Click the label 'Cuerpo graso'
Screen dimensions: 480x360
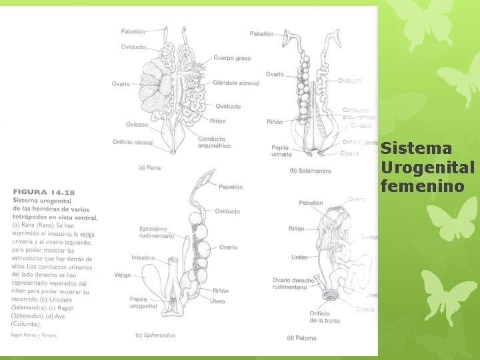tap(232, 58)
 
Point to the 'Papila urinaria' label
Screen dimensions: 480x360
tap(281, 151)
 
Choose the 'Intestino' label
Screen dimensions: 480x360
tap(143, 257)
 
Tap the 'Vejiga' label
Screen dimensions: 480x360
tap(122, 274)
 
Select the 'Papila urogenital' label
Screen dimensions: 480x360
tap(143, 303)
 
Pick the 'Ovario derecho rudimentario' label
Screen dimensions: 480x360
tap(293, 285)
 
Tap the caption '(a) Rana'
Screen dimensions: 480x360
tap(149, 167)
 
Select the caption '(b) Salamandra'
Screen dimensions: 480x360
tap(310, 171)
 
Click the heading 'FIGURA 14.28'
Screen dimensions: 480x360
tap(44, 193)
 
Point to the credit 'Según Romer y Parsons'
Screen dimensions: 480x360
tap(34, 335)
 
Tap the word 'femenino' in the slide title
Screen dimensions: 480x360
tap(422, 185)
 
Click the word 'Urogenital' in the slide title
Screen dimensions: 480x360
tap(427, 167)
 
